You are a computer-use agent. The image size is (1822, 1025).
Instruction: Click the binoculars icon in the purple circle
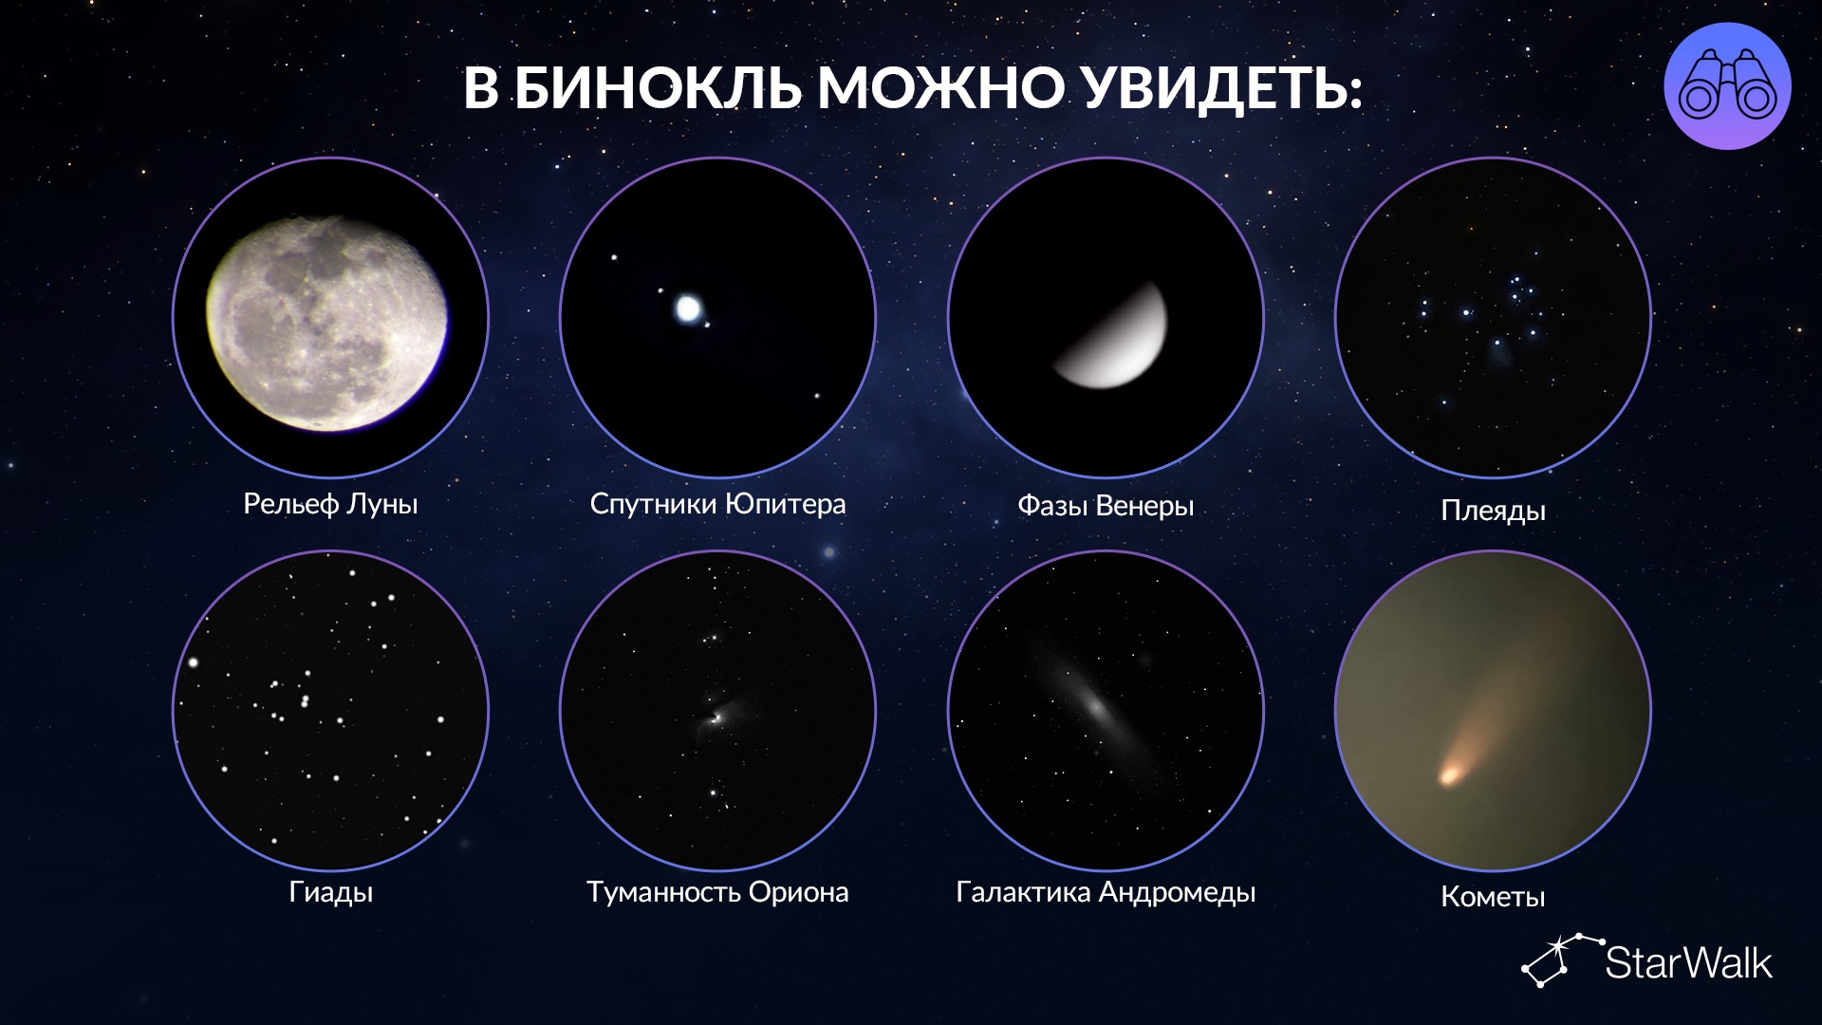click(1727, 86)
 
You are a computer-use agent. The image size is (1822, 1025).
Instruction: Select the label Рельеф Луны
click(330, 504)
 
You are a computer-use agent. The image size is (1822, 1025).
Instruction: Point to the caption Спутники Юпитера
click(717, 504)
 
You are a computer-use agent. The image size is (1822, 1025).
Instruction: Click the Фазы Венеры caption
click(1106, 505)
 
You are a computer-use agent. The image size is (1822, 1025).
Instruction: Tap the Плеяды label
click(1493, 511)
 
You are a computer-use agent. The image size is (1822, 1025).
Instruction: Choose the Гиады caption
click(330, 893)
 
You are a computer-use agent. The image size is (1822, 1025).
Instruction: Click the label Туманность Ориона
click(717, 892)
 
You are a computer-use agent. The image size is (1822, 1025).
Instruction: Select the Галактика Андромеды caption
click(1106, 893)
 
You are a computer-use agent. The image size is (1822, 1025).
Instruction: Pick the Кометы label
click(1493, 897)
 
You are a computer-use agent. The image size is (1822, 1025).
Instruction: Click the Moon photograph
click(328, 323)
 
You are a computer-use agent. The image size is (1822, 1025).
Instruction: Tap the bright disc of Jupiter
click(687, 307)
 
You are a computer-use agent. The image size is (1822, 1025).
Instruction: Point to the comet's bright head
click(1450, 774)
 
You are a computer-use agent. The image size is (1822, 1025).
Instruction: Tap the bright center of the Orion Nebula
click(716, 714)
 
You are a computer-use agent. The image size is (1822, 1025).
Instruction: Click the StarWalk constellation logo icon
click(1559, 960)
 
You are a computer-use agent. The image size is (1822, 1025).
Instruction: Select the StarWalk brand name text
click(1688, 963)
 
